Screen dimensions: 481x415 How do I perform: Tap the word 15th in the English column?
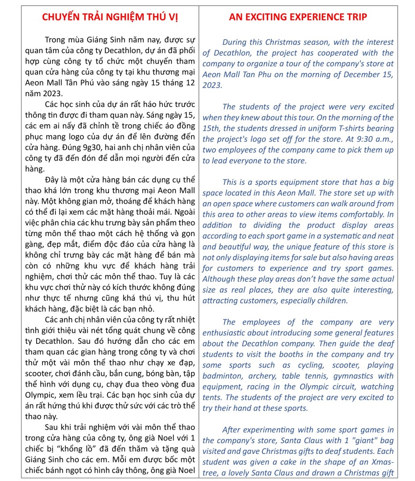coord(210,128)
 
